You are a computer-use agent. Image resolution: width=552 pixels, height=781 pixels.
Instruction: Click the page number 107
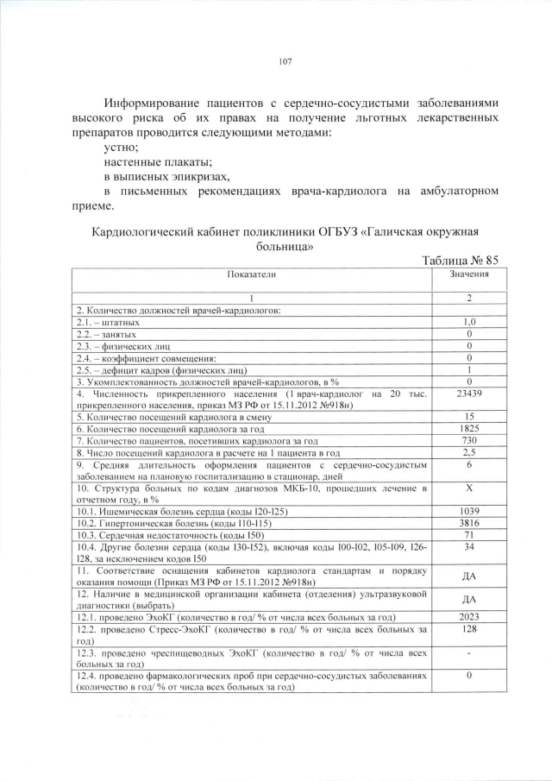click(286, 61)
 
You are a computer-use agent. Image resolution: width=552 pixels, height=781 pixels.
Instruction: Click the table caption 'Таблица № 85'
click(460, 261)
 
